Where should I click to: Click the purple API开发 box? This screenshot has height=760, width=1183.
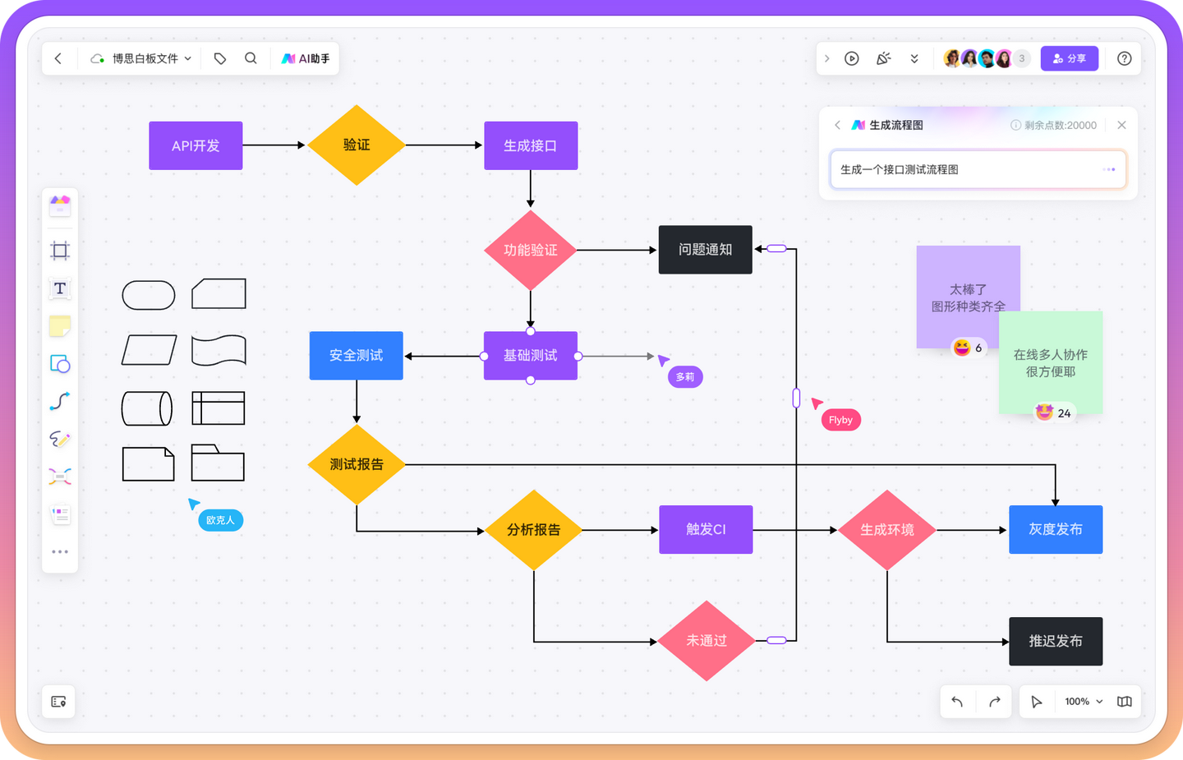(x=196, y=145)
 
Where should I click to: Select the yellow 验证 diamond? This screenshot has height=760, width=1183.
(x=357, y=145)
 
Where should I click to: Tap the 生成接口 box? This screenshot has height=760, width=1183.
(x=531, y=145)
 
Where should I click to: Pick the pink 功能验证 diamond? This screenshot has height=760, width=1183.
(x=531, y=250)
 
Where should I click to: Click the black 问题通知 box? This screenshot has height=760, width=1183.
(x=705, y=250)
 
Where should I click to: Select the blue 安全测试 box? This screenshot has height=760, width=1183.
(x=356, y=356)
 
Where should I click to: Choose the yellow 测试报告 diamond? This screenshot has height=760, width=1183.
(x=357, y=464)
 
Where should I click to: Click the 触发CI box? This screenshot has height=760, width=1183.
(x=706, y=530)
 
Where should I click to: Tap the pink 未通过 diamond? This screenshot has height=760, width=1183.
(x=707, y=641)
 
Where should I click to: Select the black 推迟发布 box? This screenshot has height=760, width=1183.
(x=1056, y=641)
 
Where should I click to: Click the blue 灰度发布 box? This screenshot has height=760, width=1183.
(x=1056, y=530)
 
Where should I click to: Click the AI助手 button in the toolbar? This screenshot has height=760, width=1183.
(x=306, y=58)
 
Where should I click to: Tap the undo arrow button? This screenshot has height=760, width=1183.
(x=957, y=702)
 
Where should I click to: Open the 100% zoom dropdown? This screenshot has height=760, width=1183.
(x=1083, y=702)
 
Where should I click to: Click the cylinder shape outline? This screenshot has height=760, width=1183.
(x=147, y=408)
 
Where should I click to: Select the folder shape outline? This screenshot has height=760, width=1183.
(x=218, y=463)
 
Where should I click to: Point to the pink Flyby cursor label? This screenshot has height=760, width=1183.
(x=840, y=420)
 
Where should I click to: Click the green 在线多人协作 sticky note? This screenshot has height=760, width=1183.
(x=1051, y=362)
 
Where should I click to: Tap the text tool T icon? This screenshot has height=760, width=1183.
(x=60, y=288)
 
